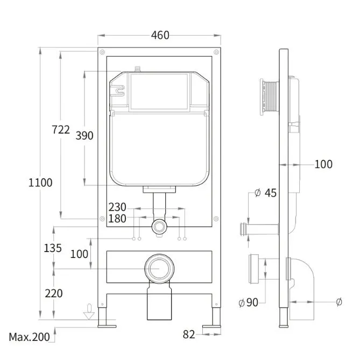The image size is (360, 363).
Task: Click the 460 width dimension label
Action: pos(160,36)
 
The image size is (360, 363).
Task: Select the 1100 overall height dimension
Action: pos(40,183)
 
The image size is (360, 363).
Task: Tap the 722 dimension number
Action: pos(61,130)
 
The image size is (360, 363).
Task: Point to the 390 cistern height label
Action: pos(84,135)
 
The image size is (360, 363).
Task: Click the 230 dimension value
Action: pos(117,207)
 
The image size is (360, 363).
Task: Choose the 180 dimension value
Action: pos(117,219)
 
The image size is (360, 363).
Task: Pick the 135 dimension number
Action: pos(53,248)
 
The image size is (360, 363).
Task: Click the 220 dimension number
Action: pos(54,294)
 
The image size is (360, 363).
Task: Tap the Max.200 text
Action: pos(29,337)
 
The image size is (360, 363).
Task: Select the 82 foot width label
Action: pos(189,334)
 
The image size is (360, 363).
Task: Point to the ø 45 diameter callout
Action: pos(265,193)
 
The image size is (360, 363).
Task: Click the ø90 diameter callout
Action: pos(248,302)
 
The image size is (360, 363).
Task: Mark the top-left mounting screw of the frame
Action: pos(102,52)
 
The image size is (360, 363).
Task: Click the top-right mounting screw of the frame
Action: pos(216,52)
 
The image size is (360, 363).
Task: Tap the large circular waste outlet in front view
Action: pos(159,269)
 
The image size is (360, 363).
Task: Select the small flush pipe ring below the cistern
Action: pos(159,226)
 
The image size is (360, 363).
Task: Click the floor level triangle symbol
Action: pos(89,316)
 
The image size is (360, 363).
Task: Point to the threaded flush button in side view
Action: pos(270,97)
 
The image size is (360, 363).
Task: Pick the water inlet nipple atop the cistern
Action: pos(138,69)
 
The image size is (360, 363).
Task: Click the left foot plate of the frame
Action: pos(107,326)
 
